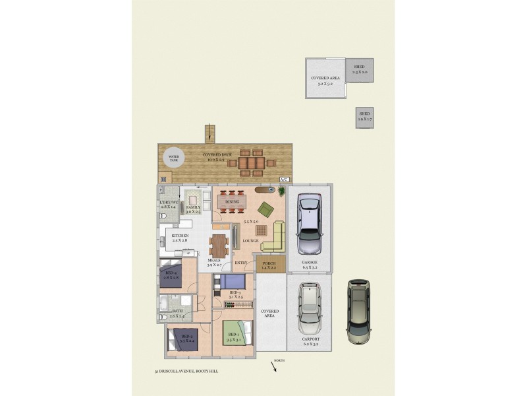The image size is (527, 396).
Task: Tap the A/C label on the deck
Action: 284,180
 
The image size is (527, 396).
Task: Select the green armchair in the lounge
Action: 265,209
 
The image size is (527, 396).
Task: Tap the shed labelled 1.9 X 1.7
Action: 365,117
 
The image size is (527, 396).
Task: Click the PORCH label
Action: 269,265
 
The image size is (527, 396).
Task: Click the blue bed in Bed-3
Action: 231,282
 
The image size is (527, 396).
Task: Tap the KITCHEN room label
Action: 180,236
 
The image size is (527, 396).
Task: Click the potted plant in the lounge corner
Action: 281,191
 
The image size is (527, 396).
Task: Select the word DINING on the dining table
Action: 232,202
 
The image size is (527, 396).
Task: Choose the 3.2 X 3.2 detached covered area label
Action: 325,81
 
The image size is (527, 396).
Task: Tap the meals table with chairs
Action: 219,245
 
